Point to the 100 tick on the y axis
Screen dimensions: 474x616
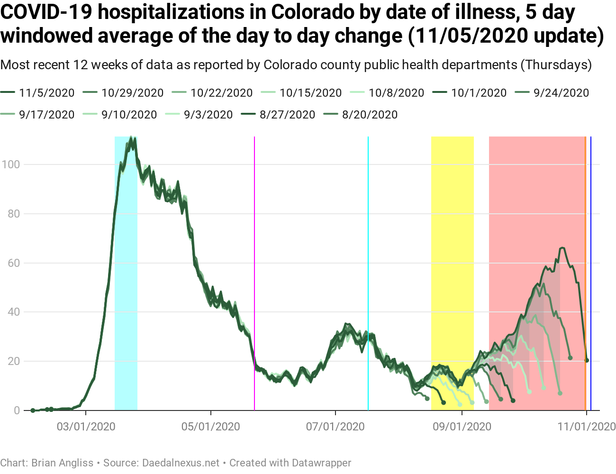10,164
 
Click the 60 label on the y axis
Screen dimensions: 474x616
14,263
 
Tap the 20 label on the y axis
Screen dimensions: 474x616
14,361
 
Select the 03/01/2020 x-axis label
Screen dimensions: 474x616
86,427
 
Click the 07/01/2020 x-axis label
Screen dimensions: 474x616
335,427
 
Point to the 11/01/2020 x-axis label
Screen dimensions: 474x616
587,427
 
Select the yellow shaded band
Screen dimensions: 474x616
453,237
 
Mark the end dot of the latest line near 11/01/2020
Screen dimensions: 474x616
587,360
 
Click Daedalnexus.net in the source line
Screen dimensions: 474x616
181,463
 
